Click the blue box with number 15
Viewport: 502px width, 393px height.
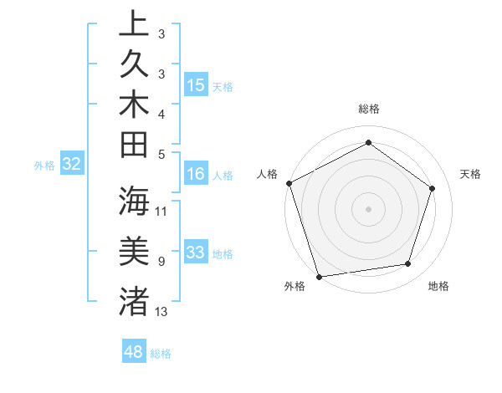pyautogui.click(x=196, y=85)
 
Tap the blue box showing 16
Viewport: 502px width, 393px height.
pyautogui.click(x=196, y=173)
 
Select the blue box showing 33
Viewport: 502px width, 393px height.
pyautogui.click(x=196, y=253)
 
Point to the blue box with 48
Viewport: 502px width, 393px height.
pyautogui.click(x=134, y=352)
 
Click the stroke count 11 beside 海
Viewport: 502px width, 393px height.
pyautogui.click(x=161, y=211)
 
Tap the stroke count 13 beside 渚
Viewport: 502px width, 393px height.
pyautogui.click(x=161, y=311)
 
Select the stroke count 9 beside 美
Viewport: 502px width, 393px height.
pyautogui.click(x=161, y=261)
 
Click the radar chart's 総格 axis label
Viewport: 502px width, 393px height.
pyautogui.click(x=369, y=109)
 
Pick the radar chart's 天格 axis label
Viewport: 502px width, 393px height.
pyautogui.click(x=471, y=174)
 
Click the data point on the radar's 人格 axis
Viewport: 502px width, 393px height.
pyautogui.click(x=289, y=183)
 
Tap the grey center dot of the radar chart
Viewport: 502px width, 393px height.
pyautogui.click(x=369, y=208)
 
